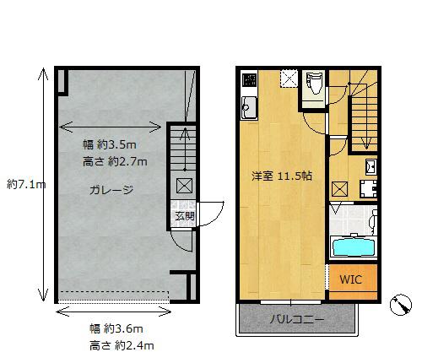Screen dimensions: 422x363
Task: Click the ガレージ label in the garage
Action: click(111, 190)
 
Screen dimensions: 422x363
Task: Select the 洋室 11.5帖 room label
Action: click(282, 176)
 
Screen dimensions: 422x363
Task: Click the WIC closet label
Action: click(351, 279)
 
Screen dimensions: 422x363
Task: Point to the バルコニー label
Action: click(297, 319)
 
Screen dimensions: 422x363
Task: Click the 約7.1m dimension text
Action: click(26, 185)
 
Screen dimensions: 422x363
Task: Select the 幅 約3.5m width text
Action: click(110, 144)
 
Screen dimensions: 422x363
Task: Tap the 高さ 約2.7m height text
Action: click(115, 162)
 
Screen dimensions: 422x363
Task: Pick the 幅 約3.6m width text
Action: click(116, 328)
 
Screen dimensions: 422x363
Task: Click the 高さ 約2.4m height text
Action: click(122, 346)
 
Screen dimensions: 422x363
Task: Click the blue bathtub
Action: click(353, 247)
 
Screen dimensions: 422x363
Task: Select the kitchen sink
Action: click(249, 107)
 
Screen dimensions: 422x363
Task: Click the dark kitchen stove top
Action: click(250, 79)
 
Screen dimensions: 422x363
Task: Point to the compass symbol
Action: click(401, 305)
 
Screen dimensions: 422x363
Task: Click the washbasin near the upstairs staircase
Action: click(371, 166)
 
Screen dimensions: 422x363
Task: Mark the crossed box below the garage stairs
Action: click(184, 186)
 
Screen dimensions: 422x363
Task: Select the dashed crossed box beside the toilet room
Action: click(289, 79)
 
